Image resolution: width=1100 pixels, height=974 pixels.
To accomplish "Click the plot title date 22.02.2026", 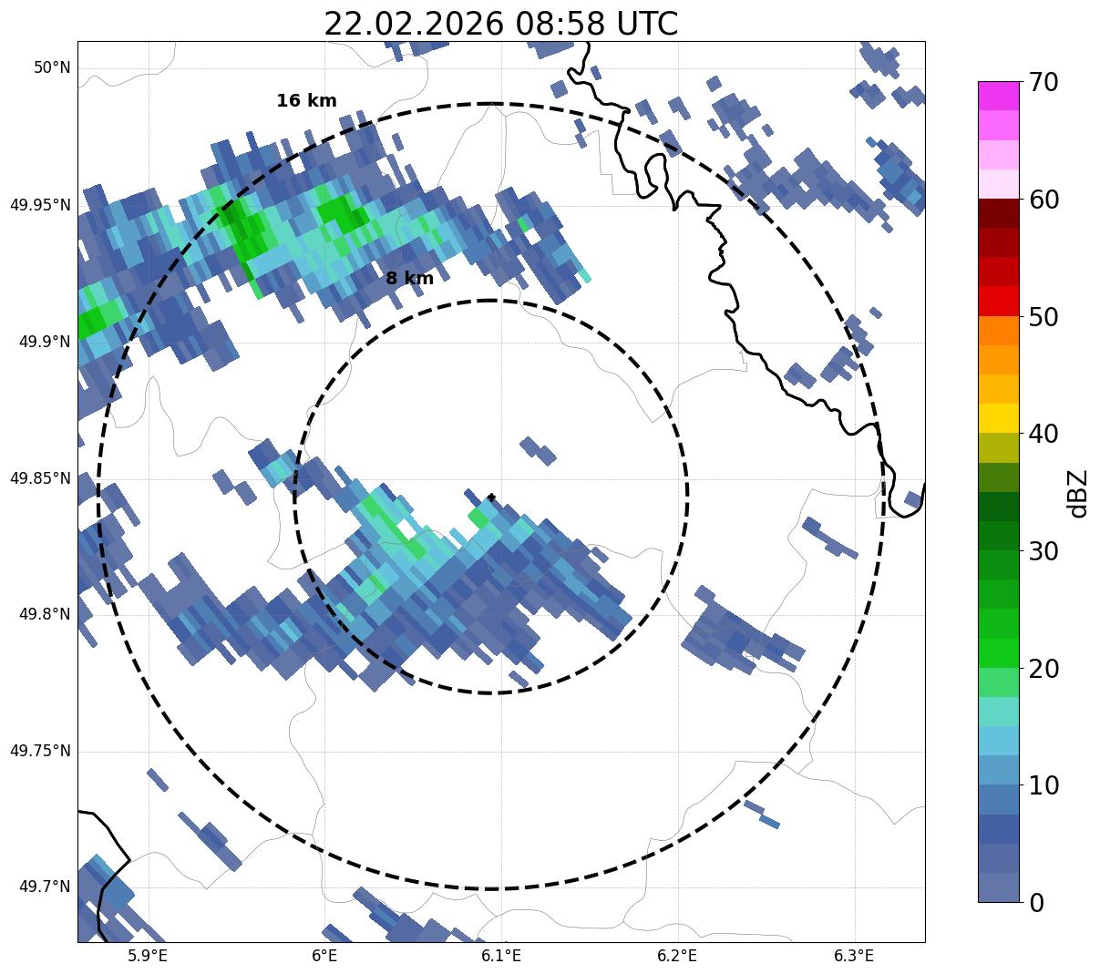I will coord(413,24).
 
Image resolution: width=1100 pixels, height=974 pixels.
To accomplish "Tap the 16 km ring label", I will coord(306,101).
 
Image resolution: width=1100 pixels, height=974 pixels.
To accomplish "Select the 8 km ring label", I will coord(409,279).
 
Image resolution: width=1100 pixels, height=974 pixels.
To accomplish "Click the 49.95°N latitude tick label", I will coord(40,205).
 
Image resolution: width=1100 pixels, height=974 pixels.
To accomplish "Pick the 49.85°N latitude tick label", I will coord(40,478).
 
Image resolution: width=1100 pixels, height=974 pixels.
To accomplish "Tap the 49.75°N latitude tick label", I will coord(40,751).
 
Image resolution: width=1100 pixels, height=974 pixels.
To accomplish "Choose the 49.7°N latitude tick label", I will coord(44,887).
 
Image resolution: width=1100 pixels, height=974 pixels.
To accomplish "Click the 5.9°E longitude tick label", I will coord(148,956).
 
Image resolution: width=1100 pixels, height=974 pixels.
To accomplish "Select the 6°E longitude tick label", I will coord(324,956).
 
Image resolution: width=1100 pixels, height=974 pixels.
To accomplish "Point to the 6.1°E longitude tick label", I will coord(500,956).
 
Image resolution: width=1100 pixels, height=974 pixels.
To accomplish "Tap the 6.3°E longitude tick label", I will coord(854,956).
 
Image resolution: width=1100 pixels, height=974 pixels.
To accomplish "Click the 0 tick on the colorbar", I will coord(1037,903).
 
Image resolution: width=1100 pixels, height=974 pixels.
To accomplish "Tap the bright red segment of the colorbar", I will coord(998,301).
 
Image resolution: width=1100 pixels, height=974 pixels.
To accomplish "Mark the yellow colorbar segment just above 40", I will coord(998,418).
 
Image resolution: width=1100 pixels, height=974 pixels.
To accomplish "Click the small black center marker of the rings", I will coord(491,497).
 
